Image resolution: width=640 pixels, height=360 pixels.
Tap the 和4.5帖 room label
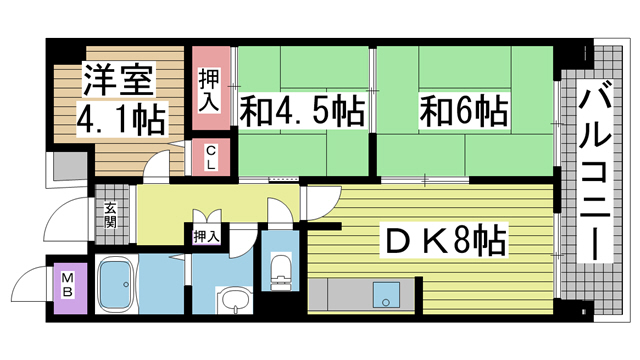tap(300, 107)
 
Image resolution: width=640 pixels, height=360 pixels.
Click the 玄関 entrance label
tap(109, 216)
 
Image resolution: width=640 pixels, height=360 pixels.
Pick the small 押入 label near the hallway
tap(206, 236)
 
